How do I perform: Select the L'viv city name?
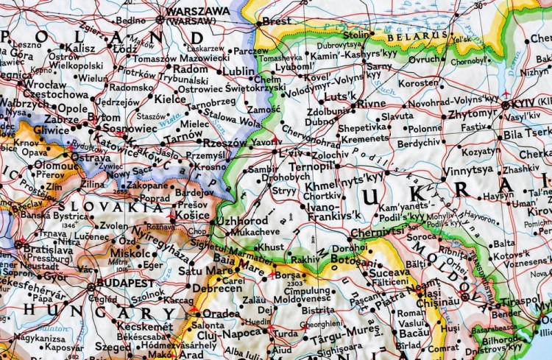point(293,153)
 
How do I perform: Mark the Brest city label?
point(277,22)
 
